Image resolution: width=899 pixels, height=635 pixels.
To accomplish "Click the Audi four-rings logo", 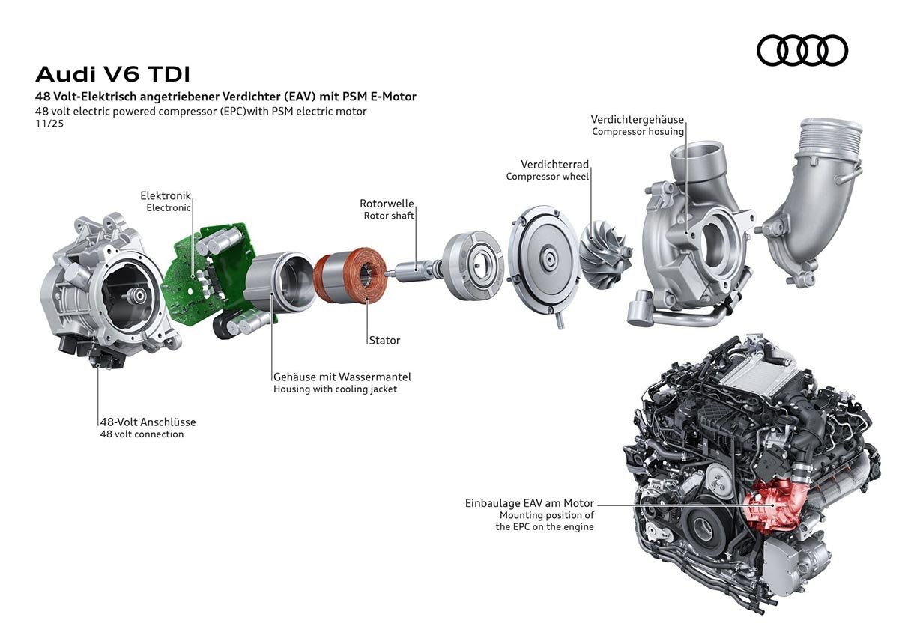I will coord(802,51).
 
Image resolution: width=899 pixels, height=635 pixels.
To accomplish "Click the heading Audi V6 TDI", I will coord(113,75).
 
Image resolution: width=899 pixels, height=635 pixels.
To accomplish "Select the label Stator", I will coord(384,340).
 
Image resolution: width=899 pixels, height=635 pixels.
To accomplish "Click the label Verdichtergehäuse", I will coord(637,120).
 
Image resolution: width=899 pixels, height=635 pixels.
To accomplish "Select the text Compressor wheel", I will coord(547,177).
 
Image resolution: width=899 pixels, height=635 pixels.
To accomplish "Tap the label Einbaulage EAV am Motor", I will coord(530,504).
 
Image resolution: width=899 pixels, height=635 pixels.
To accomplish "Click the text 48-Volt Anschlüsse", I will coord(148,422).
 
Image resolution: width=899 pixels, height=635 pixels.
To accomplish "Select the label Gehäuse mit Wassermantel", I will coord(342,377).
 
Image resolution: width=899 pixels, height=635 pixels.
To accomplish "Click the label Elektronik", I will coord(166,195).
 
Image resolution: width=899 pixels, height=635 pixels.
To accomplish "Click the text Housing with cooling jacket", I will coord(335,389).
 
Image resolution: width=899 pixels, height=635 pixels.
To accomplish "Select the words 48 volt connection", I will coord(142,434).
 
